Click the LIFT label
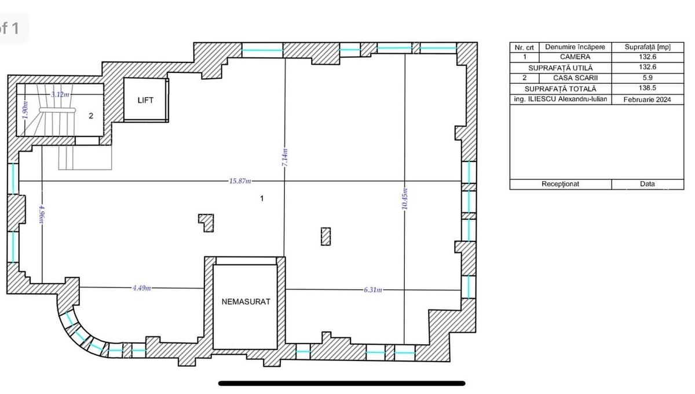tap(145, 100)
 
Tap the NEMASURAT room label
tap(246, 301)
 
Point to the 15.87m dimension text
tap(240, 181)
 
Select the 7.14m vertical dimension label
tap(284, 158)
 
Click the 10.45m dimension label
tap(404, 199)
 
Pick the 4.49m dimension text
tap(142, 288)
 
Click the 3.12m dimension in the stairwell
tap(60, 94)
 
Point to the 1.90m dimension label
tap(25, 109)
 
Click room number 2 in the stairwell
tap(91, 116)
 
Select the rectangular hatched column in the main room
tap(325, 236)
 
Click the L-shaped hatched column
tap(206, 222)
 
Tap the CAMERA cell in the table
tap(575, 57)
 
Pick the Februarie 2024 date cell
tap(648, 100)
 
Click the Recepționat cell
tap(560, 184)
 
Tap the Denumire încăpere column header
tap(575, 47)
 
